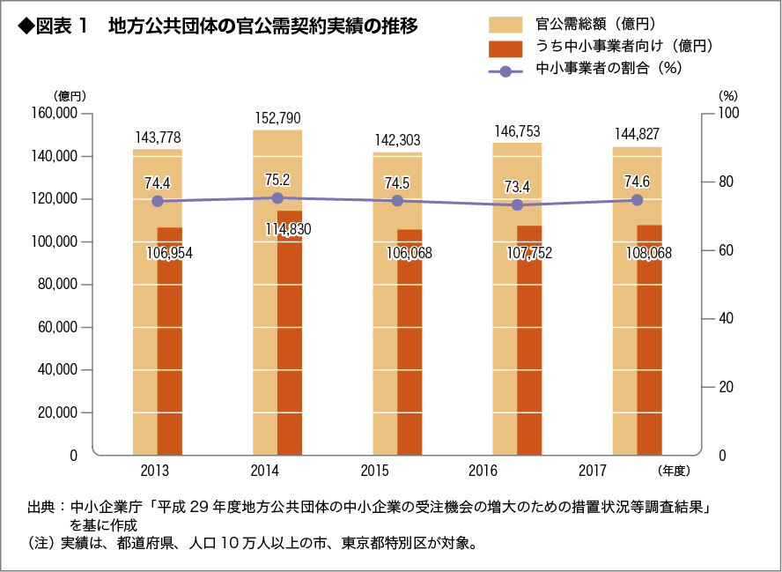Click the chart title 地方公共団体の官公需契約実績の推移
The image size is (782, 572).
tap(262, 26)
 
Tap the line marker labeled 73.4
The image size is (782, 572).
tap(517, 204)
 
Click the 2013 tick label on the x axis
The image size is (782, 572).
tap(155, 471)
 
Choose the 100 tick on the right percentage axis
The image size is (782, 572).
tap(728, 114)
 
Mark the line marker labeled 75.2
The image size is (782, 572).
tap(277, 198)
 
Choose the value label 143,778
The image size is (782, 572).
tap(159, 137)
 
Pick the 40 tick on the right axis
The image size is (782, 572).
tap(725, 319)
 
